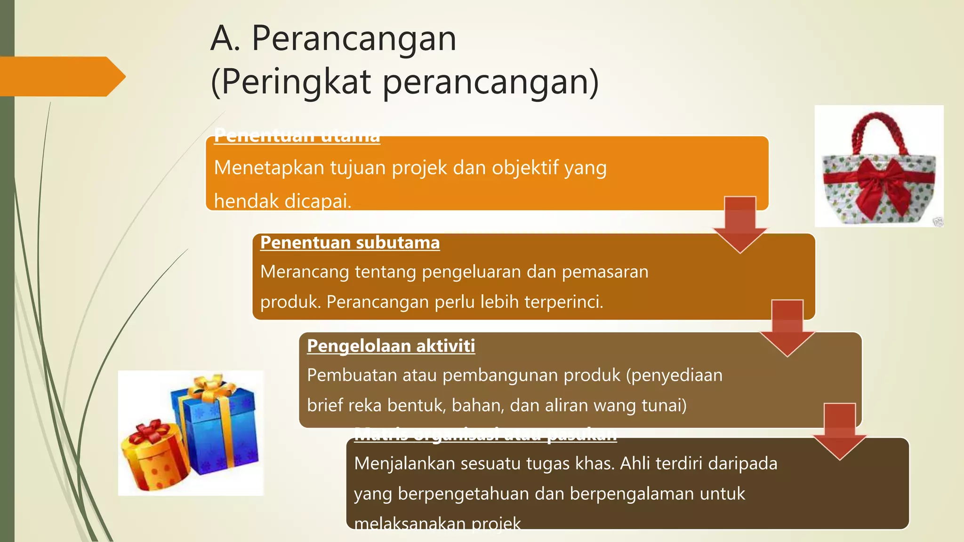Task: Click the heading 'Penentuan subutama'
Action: (x=350, y=243)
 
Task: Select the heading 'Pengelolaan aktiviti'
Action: (x=391, y=346)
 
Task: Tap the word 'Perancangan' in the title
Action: (x=354, y=38)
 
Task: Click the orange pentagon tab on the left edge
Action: (x=61, y=77)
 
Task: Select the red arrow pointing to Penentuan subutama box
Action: (x=740, y=223)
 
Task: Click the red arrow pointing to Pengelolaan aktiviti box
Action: (x=787, y=327)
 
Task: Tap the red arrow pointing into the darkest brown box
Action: (x=840, y=430)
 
